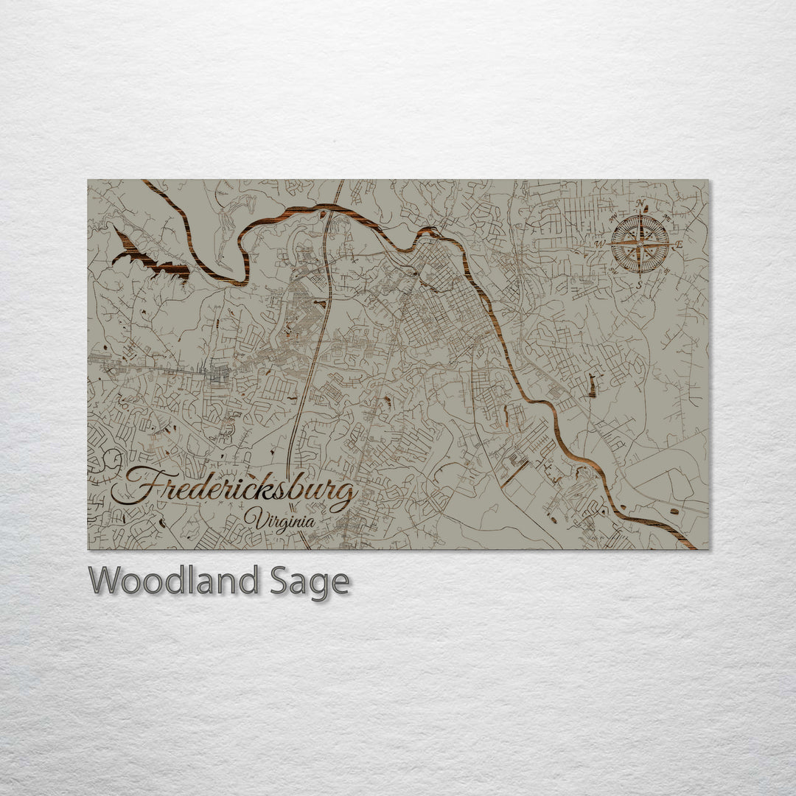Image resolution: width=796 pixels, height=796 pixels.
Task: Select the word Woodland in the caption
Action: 174,582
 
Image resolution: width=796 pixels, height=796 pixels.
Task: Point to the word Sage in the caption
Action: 309,583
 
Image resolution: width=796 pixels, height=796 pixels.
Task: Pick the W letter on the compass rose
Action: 601,244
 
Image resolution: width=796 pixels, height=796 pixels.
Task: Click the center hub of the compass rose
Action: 640,244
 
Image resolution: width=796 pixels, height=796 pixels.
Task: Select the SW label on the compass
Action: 612,271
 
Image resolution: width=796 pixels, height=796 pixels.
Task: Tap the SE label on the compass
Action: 666,271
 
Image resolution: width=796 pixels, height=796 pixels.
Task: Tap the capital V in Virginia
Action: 254,518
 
